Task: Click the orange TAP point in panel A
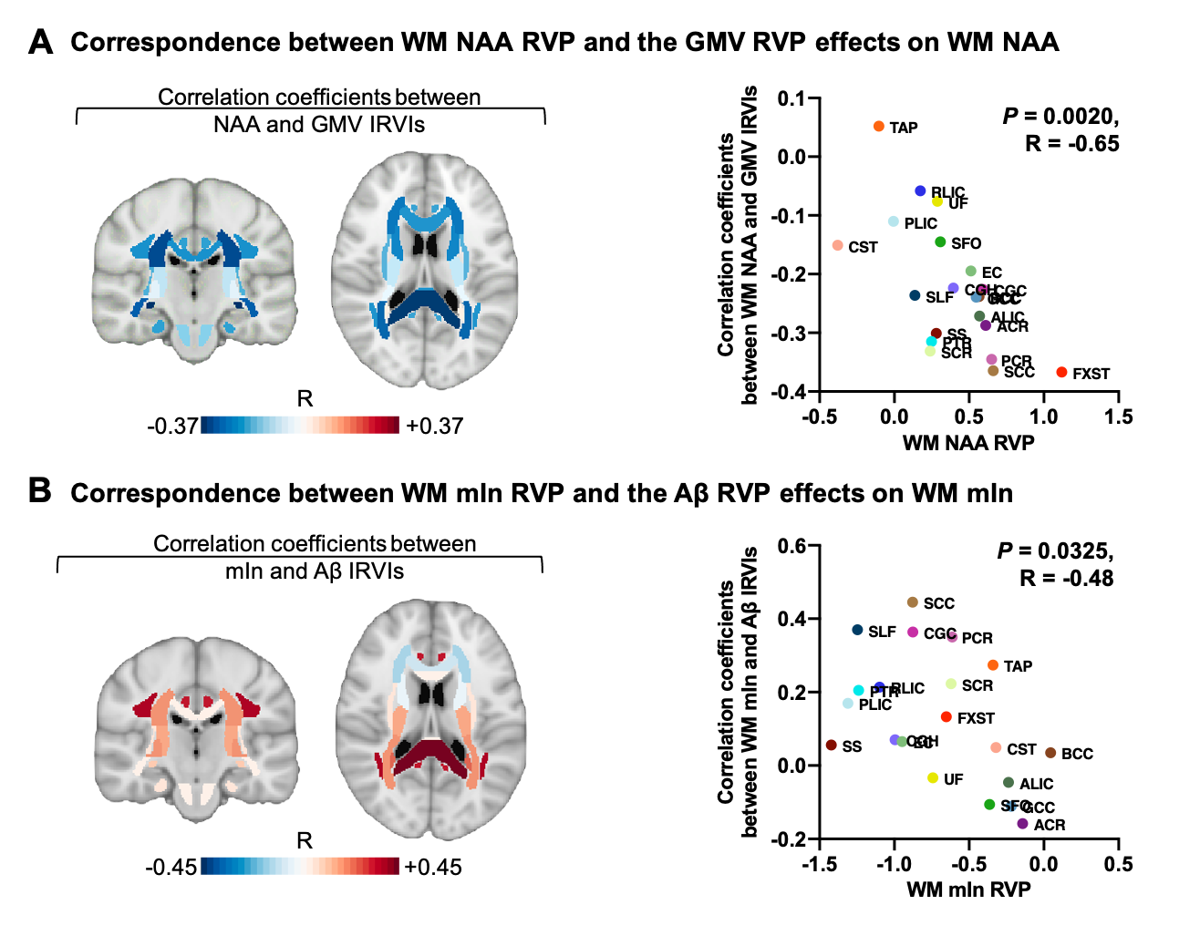click(879, 127)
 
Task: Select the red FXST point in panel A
click(1061, 373)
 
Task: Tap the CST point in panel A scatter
click(837, 246)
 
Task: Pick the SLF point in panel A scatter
click(915, 295)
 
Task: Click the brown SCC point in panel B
click(913, 602)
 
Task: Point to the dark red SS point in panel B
click(832, 746)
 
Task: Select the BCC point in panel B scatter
click(1050, 753)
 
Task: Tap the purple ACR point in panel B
click(1022, 824)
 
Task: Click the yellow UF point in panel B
click(933, 778)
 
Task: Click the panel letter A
click(41, 42)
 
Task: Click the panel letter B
click(39, 490)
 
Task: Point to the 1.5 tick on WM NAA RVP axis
click(1118, 417)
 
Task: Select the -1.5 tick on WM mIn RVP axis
click(819, 864)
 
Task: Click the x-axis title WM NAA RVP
click(968, 443)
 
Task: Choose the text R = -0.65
click(1071, 143)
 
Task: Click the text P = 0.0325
click(1055, 551)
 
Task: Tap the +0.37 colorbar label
click(435, 426)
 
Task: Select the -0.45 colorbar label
click(171, 867)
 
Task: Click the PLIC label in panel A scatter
click(920, 223)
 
